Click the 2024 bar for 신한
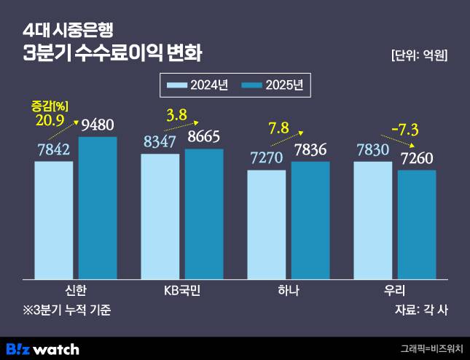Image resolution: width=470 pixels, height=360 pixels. click(x=54, y=219)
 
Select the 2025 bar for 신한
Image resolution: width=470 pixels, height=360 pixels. click(x=98, y=208)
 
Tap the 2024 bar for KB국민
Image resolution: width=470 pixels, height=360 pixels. click(x=160, y=216)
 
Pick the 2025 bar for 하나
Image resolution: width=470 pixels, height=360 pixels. click(x=310, y=220)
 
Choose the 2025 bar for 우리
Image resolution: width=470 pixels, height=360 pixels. click(x=417, y=224)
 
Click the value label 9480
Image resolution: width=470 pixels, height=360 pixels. click(x=98, y=125)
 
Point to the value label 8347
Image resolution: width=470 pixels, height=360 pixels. click(x=160, y=141)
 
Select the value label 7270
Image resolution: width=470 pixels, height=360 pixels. click(x=267, y=158)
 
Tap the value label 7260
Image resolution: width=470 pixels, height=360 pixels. click(x=417, y=158)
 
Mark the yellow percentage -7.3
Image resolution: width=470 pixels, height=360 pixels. click(x=404, y=130)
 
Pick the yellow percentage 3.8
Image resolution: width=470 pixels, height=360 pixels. click(x=177, y=114)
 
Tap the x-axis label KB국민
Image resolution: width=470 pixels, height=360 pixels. click(x=181, y=290)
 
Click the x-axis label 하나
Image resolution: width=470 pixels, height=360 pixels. click(x=289, y=290)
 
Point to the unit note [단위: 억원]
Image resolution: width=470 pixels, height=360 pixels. click(x=419, y=55)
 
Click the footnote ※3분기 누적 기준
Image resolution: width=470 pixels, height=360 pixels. click(x=67, y=310)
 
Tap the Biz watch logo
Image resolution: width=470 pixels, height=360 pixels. click(x=42, y=348)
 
